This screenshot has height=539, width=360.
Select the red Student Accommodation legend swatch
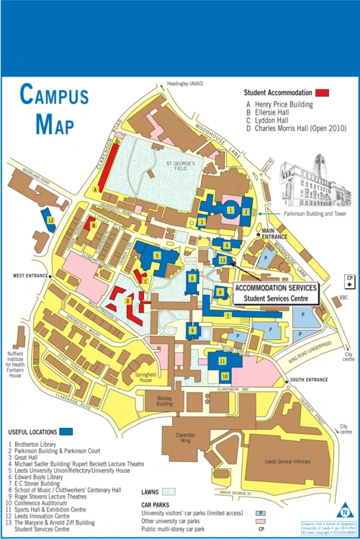click(x=322, y=93)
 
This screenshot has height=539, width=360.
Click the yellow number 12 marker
click(x=50, y=220)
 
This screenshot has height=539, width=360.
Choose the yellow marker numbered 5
click(x=157, y=255)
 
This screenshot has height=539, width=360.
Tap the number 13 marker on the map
click(x=222, y=260)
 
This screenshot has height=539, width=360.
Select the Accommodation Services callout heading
click(x=275, y=288)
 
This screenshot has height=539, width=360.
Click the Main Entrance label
click(x=274, y=233)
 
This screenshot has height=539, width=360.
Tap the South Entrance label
click(x=307, y=379)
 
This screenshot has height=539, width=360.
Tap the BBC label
click(x=343, y=298)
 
